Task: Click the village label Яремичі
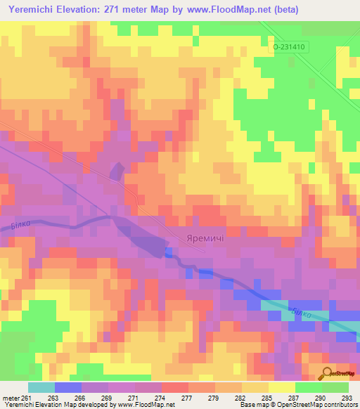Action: tap(205, 238)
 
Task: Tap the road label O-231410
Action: tap(290, 46)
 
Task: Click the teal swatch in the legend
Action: tap(41, 387)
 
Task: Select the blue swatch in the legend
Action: tap(68, 387)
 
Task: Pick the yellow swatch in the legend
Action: tap(282, 387)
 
